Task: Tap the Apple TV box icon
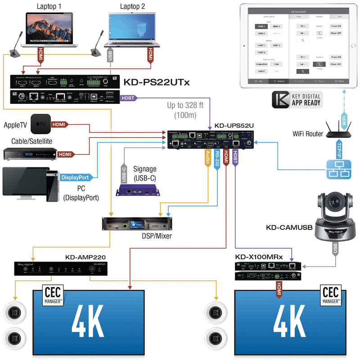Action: [41, 124]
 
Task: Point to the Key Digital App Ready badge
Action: [297, 100]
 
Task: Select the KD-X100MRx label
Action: [259, 257]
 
